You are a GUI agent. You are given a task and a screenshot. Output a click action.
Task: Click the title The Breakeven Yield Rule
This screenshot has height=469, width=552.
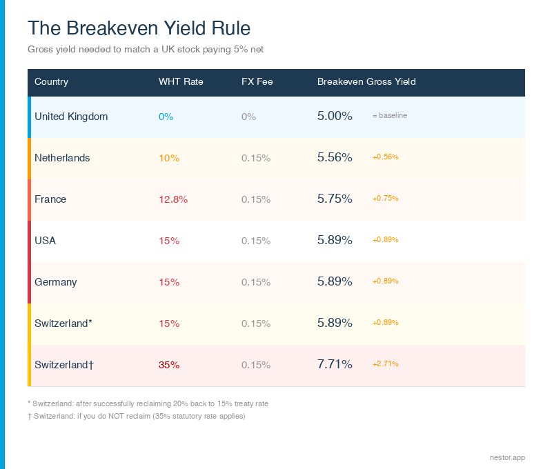coord(139,28)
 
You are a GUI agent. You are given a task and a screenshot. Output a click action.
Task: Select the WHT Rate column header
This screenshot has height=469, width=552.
coord(181,81)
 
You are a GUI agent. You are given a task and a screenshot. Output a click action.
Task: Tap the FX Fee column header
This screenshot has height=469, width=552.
coord(257,81)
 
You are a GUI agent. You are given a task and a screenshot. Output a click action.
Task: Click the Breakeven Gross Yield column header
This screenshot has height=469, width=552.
coord(366,81)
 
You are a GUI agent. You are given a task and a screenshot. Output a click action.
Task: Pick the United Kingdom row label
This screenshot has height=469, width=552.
coord(71,117)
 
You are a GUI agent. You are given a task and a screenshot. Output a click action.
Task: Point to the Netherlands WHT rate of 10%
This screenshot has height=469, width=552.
coord(169,158)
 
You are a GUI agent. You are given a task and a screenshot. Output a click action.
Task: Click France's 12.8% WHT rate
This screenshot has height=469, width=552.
coord(173,199)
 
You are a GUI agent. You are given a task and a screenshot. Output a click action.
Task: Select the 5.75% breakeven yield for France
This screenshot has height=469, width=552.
coord(335,199)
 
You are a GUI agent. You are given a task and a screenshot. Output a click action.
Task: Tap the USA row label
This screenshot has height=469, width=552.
coord(46,241)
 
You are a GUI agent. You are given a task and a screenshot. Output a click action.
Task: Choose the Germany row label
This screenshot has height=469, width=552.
coord(56,282)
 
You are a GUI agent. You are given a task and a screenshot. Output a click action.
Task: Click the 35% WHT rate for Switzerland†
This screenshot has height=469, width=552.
coord(169,365)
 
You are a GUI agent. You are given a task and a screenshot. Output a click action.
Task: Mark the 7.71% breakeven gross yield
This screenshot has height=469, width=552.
coord(335,364)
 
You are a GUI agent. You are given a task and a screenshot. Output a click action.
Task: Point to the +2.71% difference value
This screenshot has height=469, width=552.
coord(385,364)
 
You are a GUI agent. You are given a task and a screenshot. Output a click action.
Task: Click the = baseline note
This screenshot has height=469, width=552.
coord(389,116)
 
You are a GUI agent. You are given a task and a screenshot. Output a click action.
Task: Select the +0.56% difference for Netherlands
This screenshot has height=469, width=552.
coord(385,157)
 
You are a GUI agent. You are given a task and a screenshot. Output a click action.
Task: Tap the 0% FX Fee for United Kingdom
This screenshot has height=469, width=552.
coord(248,117)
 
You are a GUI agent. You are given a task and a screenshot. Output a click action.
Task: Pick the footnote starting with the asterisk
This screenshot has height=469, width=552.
coord(148,403)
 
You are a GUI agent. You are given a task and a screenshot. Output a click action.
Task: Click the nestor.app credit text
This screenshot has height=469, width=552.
coord(506,456)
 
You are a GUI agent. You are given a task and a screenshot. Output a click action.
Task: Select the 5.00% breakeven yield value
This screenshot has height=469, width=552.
coord(335,116)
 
